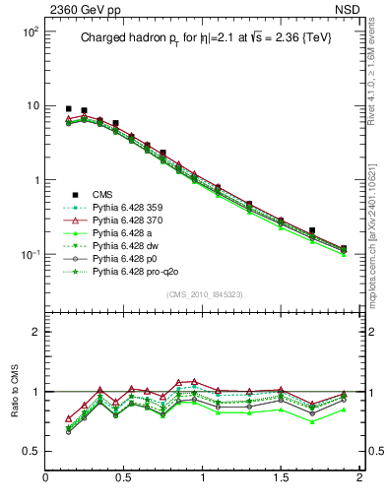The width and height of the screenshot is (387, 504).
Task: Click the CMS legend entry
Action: pos(102,195)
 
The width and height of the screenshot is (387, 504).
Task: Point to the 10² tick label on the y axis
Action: pos(29,31)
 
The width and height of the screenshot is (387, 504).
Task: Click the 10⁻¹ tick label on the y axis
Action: pos(29,255)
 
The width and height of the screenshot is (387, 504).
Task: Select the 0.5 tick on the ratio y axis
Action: pos(31,451)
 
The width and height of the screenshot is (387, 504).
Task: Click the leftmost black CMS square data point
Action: pos(68,108)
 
